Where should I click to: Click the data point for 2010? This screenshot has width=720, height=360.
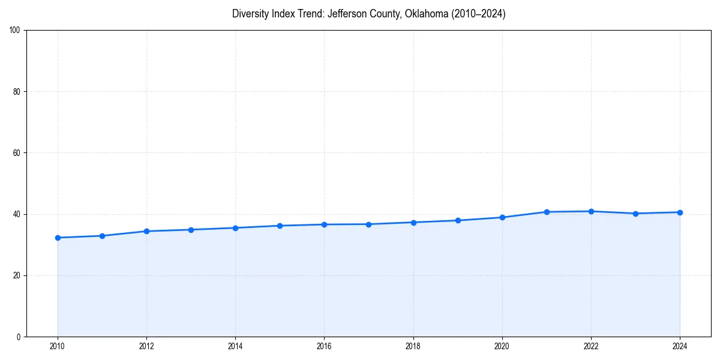tap(58, 238)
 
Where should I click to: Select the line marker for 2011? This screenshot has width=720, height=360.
tap(102, 236)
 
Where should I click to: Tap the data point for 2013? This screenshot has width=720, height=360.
tap(191, 230)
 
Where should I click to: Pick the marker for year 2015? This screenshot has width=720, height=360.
tap(280, 226)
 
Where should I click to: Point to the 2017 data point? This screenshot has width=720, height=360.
tap(368, 224)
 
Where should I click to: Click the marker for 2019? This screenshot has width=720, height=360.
tap(458, 220)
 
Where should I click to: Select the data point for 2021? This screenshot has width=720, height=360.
tap(547, 212)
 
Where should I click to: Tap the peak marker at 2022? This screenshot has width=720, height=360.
tap(591, 211)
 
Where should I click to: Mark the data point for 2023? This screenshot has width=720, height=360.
tap(635, 214)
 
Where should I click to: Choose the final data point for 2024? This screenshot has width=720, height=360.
tap(680, 212)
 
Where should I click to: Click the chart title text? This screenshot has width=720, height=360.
tap(368, 14)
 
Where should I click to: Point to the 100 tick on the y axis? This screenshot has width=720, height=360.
tap(16, 30)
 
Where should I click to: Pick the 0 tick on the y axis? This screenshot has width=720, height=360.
tap(19, 337)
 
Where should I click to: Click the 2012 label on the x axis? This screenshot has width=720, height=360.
tap(146, 346)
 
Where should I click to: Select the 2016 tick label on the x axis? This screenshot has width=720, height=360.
tap(324, 346)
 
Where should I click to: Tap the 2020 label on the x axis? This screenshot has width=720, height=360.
tap(502, 346)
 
